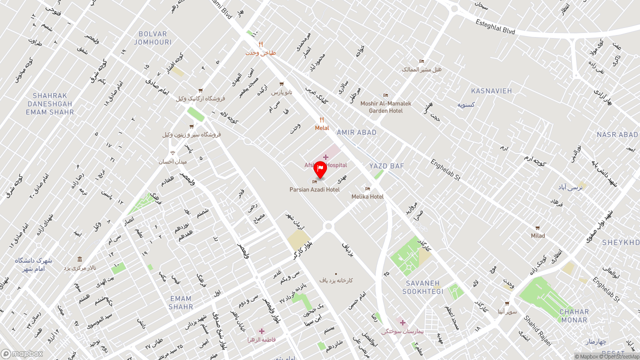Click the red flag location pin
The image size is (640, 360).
coord(320,170)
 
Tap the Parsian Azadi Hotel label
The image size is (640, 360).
coord(314,189)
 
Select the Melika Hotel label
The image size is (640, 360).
coord(367,196)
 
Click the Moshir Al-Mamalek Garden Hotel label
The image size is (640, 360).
coord(385,107)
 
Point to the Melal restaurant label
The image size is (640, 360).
coord(322,128)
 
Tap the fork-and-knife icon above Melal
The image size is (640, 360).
coord(322,120)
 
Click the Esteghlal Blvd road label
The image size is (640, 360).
coord(495,27)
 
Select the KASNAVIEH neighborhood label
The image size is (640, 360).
coord(491,91)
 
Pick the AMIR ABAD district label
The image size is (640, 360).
coord(356,132)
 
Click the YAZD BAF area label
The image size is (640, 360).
coord(386,166)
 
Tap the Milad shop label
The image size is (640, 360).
coord(538,235)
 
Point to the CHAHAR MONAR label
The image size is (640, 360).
coord(574,316)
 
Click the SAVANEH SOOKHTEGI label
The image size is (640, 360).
coord(423,287)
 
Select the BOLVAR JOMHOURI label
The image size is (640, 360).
coord(153,38)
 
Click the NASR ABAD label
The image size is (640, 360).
coord(617,135)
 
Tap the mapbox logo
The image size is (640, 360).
coord(22,353)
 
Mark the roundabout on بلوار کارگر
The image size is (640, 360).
coord(328,226)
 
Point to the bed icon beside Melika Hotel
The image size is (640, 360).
coord(367,188)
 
